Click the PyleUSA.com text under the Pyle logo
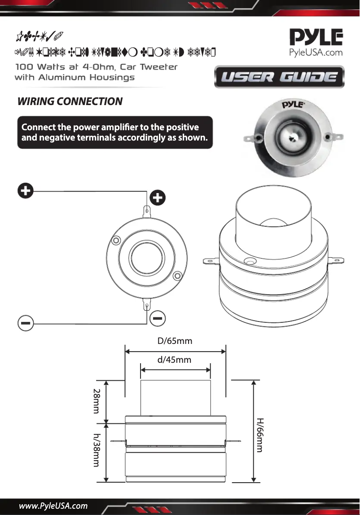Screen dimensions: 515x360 coord(315,53)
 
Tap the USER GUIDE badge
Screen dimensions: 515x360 coord(280,77)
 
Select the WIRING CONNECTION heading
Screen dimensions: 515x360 coord(70,101)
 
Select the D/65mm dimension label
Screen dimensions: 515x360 coord(175,341)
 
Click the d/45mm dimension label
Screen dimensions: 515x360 coord(174,360)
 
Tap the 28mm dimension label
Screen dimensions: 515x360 coord(96,401)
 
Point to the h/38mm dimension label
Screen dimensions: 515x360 coord(96,450)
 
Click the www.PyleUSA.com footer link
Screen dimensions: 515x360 coord(53,506)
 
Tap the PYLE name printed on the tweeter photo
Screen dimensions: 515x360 coord(294,106)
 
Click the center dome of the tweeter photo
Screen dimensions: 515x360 coord(294,134)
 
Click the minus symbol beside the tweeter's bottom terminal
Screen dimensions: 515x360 coord(158,318)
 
